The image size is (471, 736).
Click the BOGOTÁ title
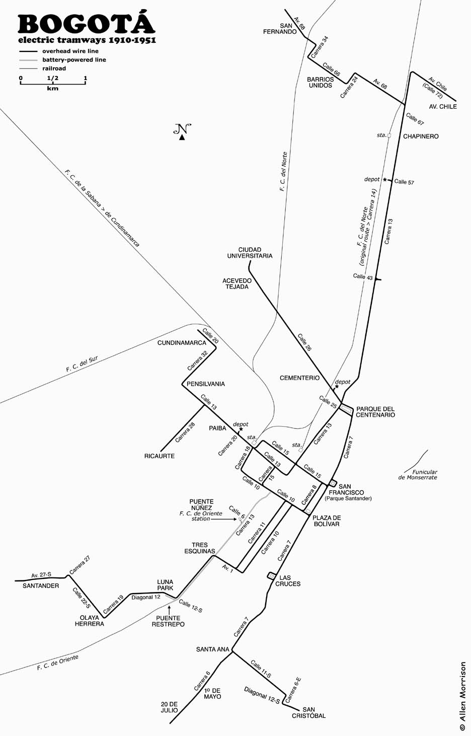[86, 23]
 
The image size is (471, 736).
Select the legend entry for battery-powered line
[74, 60]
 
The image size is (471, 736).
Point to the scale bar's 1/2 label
[53, 78]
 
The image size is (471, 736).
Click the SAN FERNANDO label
[280, 29]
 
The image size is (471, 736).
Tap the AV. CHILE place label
[443, 107]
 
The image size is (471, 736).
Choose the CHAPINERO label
[421, 136]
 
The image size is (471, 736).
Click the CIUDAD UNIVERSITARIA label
[250, 253]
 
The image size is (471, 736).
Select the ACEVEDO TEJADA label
[237, 284]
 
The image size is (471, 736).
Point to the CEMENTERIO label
[299, 378]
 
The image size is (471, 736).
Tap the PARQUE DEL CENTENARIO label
[375, 412]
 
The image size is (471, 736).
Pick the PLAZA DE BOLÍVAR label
[327, 521]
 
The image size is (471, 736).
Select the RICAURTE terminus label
[159, 456]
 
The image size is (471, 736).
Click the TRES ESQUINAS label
[200, 548]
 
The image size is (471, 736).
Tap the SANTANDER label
[41, 586]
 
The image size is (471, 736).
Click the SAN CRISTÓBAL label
[308, 713]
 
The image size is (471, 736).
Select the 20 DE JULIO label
[170, 707]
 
